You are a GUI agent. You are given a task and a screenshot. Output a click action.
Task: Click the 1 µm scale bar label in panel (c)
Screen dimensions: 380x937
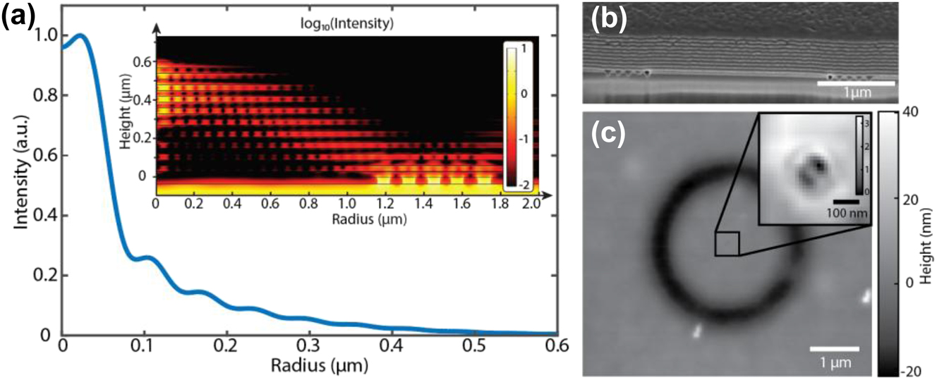pyautogui.click(x=833, y=363)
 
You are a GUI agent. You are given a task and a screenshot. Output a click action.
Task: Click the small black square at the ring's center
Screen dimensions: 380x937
pyautogui.click(x=727, y=244)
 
